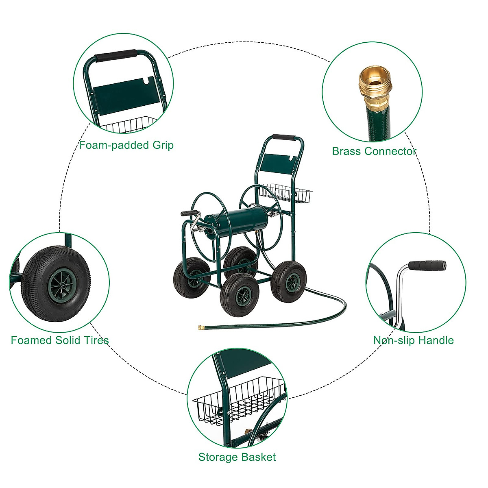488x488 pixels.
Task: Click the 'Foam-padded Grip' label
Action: (x=126, y=145)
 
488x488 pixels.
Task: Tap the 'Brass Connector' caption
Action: (x=374, y=151)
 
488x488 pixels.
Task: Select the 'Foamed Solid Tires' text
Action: (x=60, y=340)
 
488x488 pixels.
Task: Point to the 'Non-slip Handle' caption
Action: (x=414, y=340)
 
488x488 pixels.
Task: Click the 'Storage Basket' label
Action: (x=237, y=457)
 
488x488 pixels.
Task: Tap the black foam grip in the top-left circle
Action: (x=116, y=55)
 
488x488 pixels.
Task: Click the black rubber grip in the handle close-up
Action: (x=427, y=266)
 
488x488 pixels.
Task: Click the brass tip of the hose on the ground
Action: (x=201, y=327)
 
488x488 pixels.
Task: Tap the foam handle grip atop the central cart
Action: (x=283, y=138)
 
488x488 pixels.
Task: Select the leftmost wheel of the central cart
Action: (x=191, y=280)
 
